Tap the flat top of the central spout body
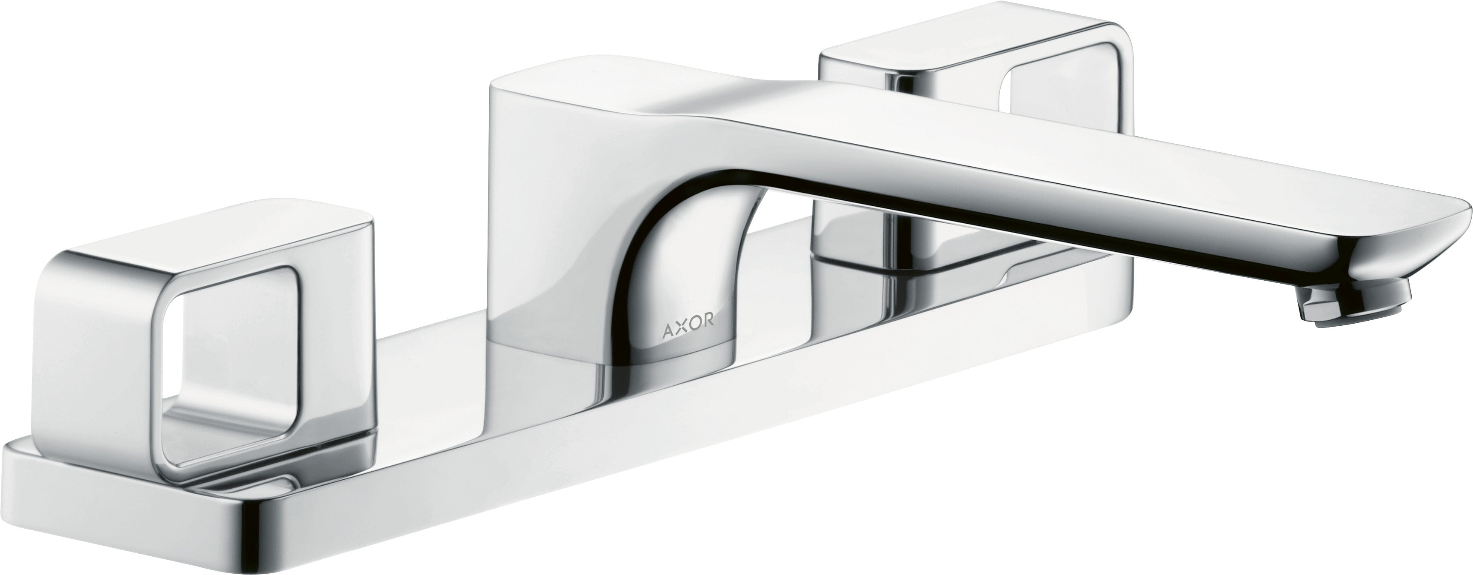tap(572, 91)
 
